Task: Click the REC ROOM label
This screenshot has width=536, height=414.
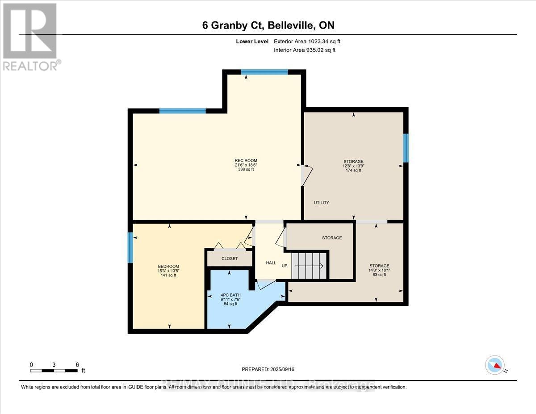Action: coord(246,161)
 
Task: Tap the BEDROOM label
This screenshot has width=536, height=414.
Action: coord(168,267)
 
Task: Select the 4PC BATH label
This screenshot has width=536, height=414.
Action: coord(229,294)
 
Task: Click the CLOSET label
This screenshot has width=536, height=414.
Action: coord(230,259)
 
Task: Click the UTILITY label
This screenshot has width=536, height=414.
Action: coord(321,203)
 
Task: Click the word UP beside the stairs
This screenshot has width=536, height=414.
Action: coord(285,266)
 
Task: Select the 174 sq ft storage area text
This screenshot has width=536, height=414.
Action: coord(353,170)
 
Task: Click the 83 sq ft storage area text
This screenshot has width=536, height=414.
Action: coord(378,275)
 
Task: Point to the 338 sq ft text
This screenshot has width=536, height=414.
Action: coord(246,170)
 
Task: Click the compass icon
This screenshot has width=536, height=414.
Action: coord(494,365)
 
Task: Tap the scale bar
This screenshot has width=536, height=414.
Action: coord(54,370)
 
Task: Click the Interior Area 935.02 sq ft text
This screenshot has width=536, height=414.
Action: coord(304,50)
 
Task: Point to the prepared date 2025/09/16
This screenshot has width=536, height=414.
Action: coord(268,369)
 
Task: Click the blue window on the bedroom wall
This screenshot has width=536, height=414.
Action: coord(130,248)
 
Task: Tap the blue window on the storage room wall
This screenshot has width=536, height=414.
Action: coord(406,148)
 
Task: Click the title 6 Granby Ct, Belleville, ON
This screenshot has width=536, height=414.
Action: coord(268,25)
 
